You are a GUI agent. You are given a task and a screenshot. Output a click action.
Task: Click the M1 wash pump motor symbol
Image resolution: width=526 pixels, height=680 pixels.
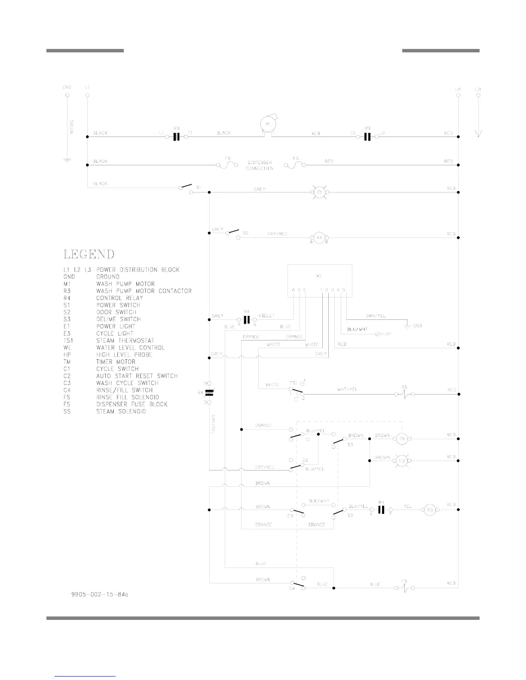click(x=268, y=124)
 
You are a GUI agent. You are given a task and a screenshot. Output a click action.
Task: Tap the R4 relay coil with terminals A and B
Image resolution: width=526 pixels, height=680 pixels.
click(x=319, y=237)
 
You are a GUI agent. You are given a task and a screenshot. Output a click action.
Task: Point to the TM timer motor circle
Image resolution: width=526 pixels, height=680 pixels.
click(x=402, y=439)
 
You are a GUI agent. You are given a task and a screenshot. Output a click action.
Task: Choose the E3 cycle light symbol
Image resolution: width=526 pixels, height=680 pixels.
click(x=402, y=461)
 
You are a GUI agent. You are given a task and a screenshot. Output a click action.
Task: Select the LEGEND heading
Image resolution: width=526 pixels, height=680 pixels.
click(x=89, y=254)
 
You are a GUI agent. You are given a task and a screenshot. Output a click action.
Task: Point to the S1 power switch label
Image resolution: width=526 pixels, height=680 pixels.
click(x=199, y=188)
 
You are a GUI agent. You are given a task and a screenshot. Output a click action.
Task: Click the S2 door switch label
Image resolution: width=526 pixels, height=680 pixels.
click(x=245, y=233)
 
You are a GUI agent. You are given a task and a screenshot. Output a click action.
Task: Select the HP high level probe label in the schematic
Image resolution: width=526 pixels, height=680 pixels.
click(x=388, y=334)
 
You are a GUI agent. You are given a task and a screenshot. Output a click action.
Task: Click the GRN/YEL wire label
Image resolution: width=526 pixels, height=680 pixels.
click(x=375, y=316)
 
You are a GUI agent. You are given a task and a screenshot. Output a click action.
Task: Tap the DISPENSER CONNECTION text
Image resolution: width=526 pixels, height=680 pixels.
click(x=260, y=165)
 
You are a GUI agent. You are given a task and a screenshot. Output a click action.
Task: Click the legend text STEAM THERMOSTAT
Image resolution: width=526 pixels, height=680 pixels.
click(x=125, y=340)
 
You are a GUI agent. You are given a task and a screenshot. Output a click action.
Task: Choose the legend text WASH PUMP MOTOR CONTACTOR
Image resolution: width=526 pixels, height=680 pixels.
click(x=144, y=291)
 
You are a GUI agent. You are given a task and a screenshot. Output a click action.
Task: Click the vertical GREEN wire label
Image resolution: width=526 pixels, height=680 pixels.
click(x=72, y=127)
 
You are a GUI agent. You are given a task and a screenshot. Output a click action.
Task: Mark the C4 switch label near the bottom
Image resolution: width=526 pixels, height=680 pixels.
click(x=291, y=589)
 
